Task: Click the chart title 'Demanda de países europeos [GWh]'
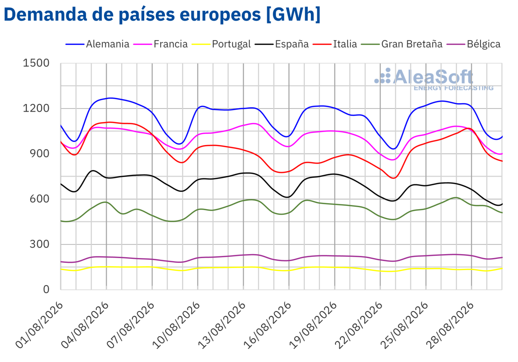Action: point(162,15)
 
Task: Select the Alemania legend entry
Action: point(98,44)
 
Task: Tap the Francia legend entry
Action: point(161,44)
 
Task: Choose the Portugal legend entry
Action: point(221,44)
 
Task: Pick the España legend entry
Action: point(281,44)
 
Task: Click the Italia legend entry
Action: point(335,44)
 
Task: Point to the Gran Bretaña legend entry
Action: point(402,44)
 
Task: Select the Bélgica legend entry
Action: point(474,44)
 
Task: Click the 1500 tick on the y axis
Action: point(36,63)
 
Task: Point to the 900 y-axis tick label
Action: point(40,154)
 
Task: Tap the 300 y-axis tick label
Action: point(40,244)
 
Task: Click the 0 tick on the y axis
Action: point(46,290)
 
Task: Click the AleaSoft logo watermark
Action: point(434,79)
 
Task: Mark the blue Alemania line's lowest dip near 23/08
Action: point(393,149)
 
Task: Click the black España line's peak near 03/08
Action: point(93,170)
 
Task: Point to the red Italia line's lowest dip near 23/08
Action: point(394,178)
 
